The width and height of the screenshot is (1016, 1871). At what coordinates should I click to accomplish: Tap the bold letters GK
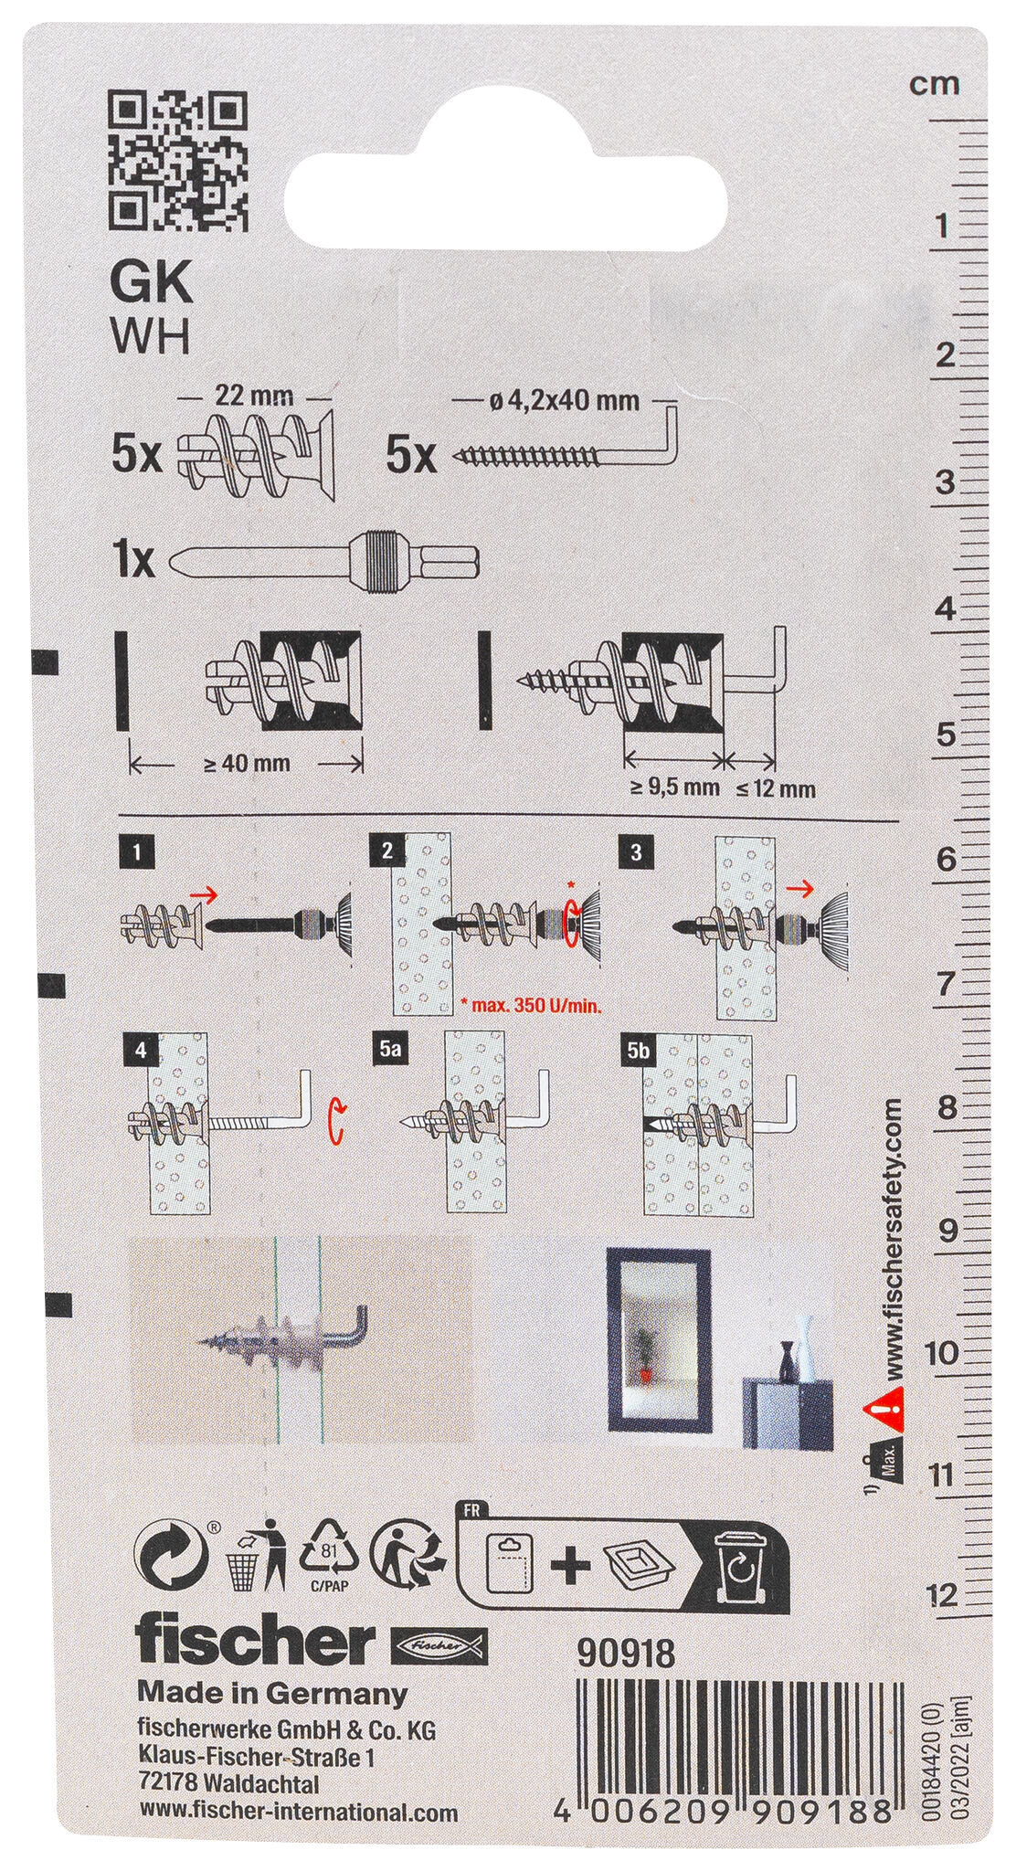pos(151,282)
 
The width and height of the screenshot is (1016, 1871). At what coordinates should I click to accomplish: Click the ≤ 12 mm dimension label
pos(775,788)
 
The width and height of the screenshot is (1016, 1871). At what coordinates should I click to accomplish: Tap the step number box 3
pos(636,853)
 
